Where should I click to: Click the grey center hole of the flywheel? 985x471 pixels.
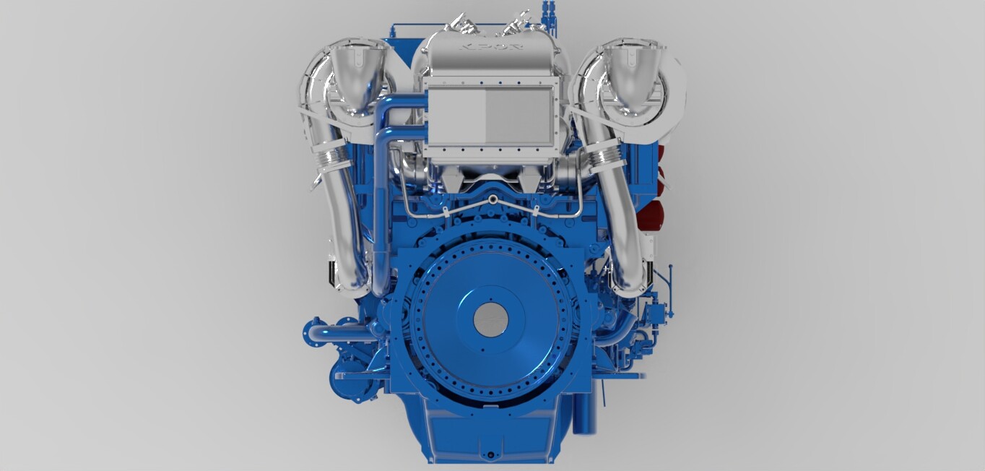[x=491, y=318]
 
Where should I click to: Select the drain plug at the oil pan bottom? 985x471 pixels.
[x=491, y=455]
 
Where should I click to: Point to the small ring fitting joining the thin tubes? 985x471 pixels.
[x=492, y=199]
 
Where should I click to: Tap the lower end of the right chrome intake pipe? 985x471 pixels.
[x=628, y=278]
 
